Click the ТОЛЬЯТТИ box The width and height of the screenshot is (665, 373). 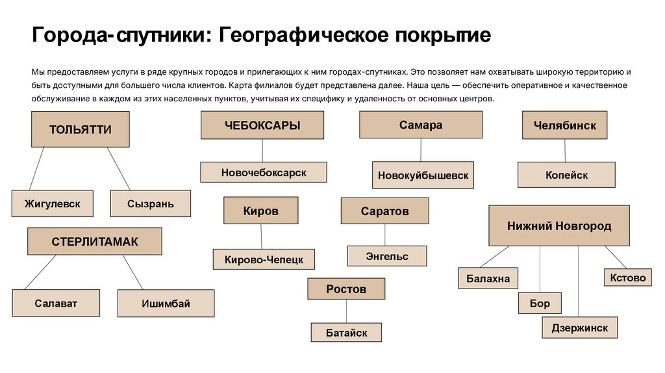[x=81, y=129]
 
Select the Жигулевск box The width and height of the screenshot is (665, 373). [x=53, y=203]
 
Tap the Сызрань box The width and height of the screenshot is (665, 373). [x=151, y=203]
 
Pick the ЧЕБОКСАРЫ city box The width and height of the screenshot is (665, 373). [x=262, y=125]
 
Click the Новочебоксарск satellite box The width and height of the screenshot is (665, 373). [x=263, y=172]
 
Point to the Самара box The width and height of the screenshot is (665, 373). [x=421, y=125]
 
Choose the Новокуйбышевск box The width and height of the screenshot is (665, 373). [x=423, y=175]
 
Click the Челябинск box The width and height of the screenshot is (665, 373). [x=564, y=125]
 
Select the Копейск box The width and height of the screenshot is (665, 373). [x=566, y=175]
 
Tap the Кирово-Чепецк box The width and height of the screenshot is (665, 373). [x=264, y=259]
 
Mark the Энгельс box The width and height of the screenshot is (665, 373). [x=387, y=256]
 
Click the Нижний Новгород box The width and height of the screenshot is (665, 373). [x=558, y=225]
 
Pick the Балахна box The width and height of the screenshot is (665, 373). [x=488, y=279]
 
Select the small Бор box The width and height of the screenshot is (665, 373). [x=539, y=303]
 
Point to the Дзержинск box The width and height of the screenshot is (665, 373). [x=579, y=328]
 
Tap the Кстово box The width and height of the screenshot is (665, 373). [x=628, y=277]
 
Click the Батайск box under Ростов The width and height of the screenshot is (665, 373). [x=345, y=333]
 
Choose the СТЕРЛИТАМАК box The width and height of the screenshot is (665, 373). [x=95, y=242]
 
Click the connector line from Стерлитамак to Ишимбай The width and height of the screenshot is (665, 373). [x=132, y=272]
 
